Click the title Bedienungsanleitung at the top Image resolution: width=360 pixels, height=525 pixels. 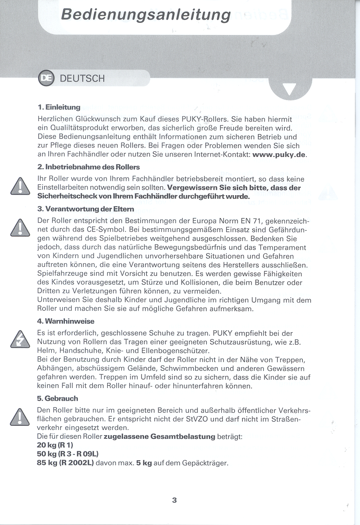tap(145, 14)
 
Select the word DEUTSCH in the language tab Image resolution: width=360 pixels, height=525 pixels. tap(82, 78)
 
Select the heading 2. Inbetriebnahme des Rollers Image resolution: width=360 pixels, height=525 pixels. tap(88, 166)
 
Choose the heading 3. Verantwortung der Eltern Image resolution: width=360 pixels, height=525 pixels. tap(86, 209)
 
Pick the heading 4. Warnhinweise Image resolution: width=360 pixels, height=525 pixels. tap(66, 321)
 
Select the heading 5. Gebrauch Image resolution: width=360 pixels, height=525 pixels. tap(58, 398)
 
